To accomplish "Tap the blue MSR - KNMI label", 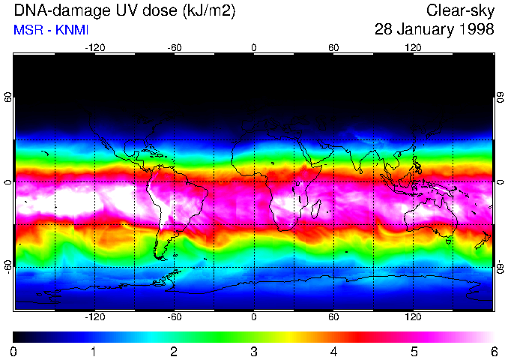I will pyautogui.click(x=50, y=30).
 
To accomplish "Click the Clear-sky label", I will pyautogui.click(x=460, y=11).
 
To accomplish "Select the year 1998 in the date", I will pyautogui.click(x=477, y=30).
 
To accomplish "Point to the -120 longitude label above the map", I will pyautogui.click(x=94, y=48).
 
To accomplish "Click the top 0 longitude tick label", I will pyautogui.click(x=254, y=48).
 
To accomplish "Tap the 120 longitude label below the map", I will pyautogui.click(x=413, y=317).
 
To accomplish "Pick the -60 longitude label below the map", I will pyautogui.click(x=174, y=317).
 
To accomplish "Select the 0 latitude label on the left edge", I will pyautogui.click(x=8, y=182).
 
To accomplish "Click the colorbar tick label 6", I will pyautogui.click(x=493, y=351).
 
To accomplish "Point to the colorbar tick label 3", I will pyautogui.click(x=254, y=351).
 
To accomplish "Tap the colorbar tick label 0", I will pyautogui.click(x=14, y=351).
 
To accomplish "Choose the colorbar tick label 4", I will pyautogui.click(x=333, y=351).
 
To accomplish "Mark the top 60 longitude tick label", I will pyautogui.click(x=333, y=48).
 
